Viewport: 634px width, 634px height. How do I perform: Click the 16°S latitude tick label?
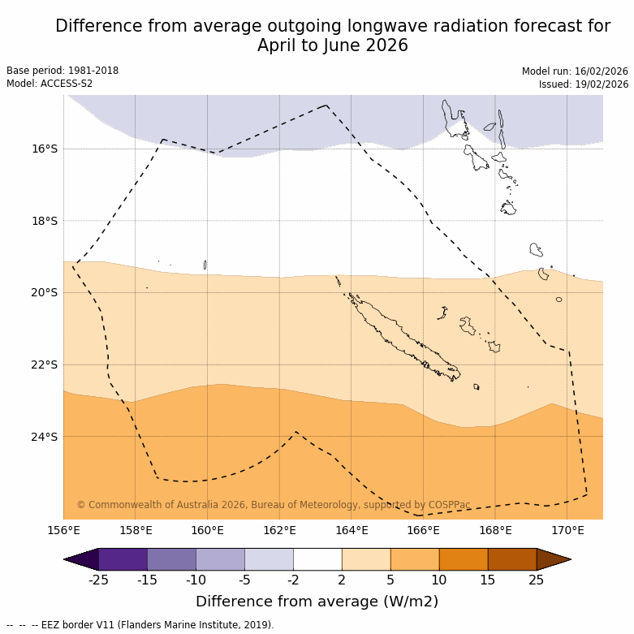coord(45,149)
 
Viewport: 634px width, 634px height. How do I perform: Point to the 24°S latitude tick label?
coord(45,437)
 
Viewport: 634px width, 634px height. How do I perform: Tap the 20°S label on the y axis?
coord(45,292)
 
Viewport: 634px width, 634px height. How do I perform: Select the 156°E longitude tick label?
coord(63,531)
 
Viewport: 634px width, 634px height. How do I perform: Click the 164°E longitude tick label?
coord(352,531)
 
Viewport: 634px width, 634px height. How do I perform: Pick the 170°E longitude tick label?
coord(567,531)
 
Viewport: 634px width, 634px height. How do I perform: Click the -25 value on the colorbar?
coord(98,580)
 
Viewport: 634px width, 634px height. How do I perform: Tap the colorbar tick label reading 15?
coord(488,580)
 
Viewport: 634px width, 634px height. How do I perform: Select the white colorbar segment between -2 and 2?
coord(317,559)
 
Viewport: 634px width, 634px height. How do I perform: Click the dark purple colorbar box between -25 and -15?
coord(123,559)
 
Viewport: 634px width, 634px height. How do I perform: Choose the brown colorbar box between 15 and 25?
coord(512,559)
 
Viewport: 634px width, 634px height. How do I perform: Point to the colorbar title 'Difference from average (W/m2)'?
coord(317,602)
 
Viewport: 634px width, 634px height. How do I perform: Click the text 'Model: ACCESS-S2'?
coord(50,84)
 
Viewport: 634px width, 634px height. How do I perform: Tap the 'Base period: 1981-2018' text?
coord(63,71)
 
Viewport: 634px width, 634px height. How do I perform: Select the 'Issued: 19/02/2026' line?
coord(583,84)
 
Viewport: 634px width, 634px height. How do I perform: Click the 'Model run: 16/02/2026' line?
coord(575,71)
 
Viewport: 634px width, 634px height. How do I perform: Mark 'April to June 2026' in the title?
coord(333,46)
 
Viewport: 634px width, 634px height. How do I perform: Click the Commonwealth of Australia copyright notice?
coord(274,505)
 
